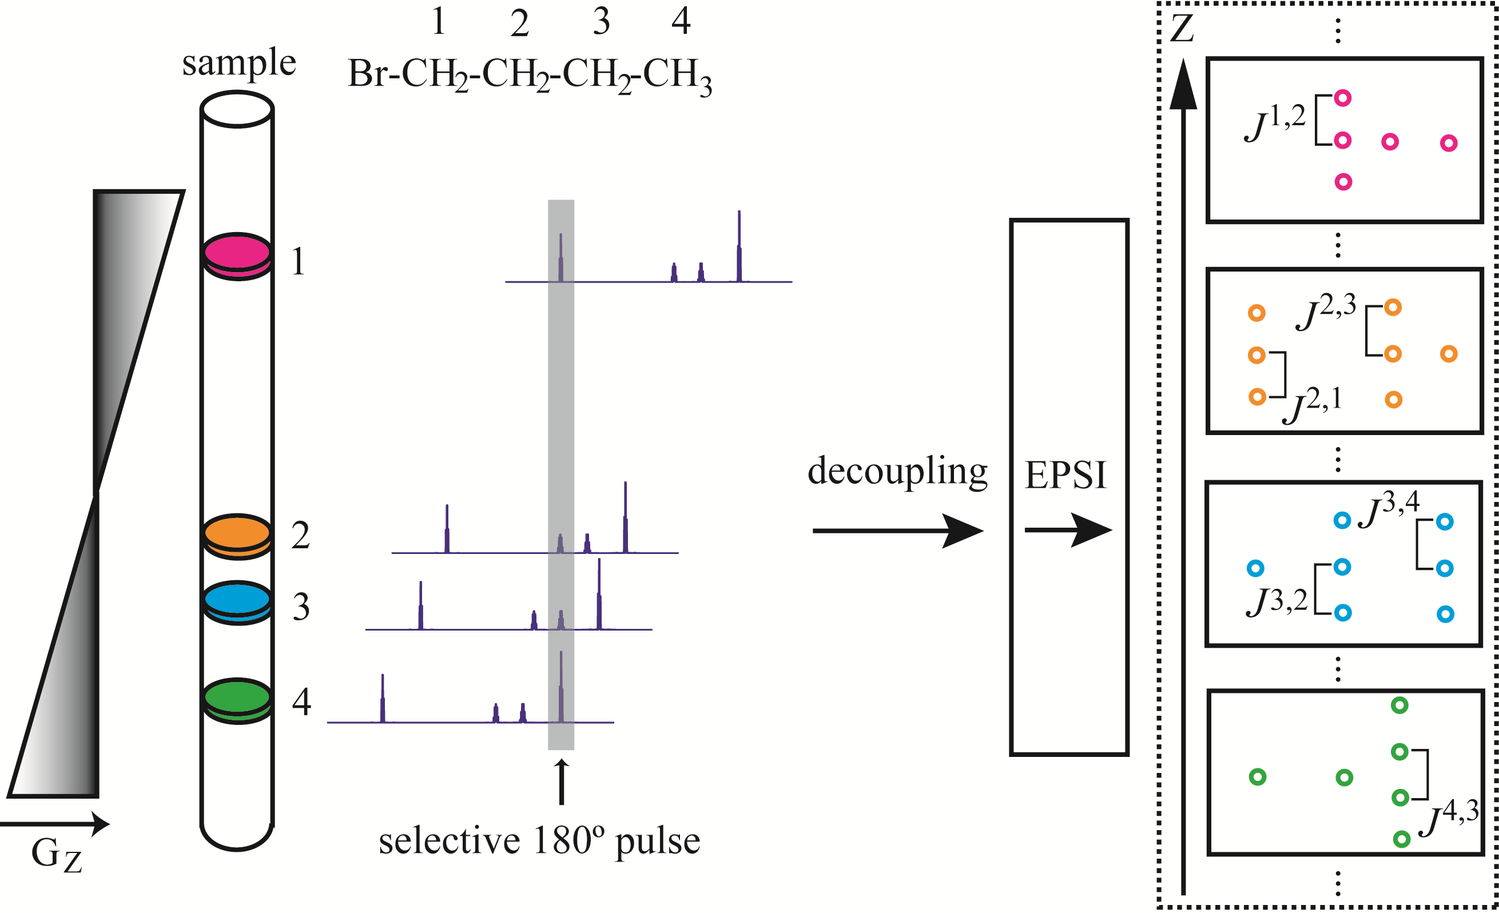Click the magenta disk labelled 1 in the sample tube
pyautogui.click(x=237, y=253)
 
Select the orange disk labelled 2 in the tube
pyautogui.click(x=237, y=533)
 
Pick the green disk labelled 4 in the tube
pyautogui.click(x=237, y=697)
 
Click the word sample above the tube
pyautogui.click(x=238, y=63)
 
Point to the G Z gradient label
pyautogui.click(x=56, y=855)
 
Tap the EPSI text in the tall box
pyautogui.click(x=1066, y=475)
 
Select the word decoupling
pyautogui.click(x=897, y=472)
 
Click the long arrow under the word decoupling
pyautogui.click(x=897, y=531)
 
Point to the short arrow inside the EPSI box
pyautogui.click(x=1068, y=531)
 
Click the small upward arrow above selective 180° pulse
pyautogui.click(x=562, y=782)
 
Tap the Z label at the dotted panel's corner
pyautogui.click(x=1182, y=28)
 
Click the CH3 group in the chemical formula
pyautogui.click(x=677, y=76)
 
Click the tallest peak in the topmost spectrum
pyautogui.click(x=739, y=246)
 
